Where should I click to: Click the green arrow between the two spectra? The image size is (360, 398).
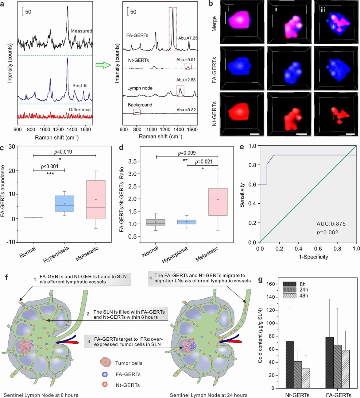pos(103,65)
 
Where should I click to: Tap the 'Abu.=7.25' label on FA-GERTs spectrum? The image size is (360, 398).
pos(188,38)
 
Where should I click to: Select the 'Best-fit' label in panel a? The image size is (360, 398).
pos(80,86)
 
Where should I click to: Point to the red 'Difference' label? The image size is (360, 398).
pos(80,109)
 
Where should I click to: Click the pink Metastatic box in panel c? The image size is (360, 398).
pos(96,200)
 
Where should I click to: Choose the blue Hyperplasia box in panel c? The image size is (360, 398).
pos(64,203)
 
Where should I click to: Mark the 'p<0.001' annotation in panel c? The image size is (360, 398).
pos(49,167)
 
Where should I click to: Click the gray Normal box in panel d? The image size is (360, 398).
pos(156,222)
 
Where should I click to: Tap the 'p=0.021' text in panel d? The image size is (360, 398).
pos(204,162)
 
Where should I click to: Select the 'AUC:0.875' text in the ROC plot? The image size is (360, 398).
pos(331,224)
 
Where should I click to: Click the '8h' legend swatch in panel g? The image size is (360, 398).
pos(289,284)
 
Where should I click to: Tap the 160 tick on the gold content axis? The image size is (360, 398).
pos(270,284)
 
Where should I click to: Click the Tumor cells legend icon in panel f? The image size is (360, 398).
pos(105,362)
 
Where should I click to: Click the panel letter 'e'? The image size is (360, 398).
pos(242,147)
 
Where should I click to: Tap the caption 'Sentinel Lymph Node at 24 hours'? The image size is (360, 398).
pos(208,395)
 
